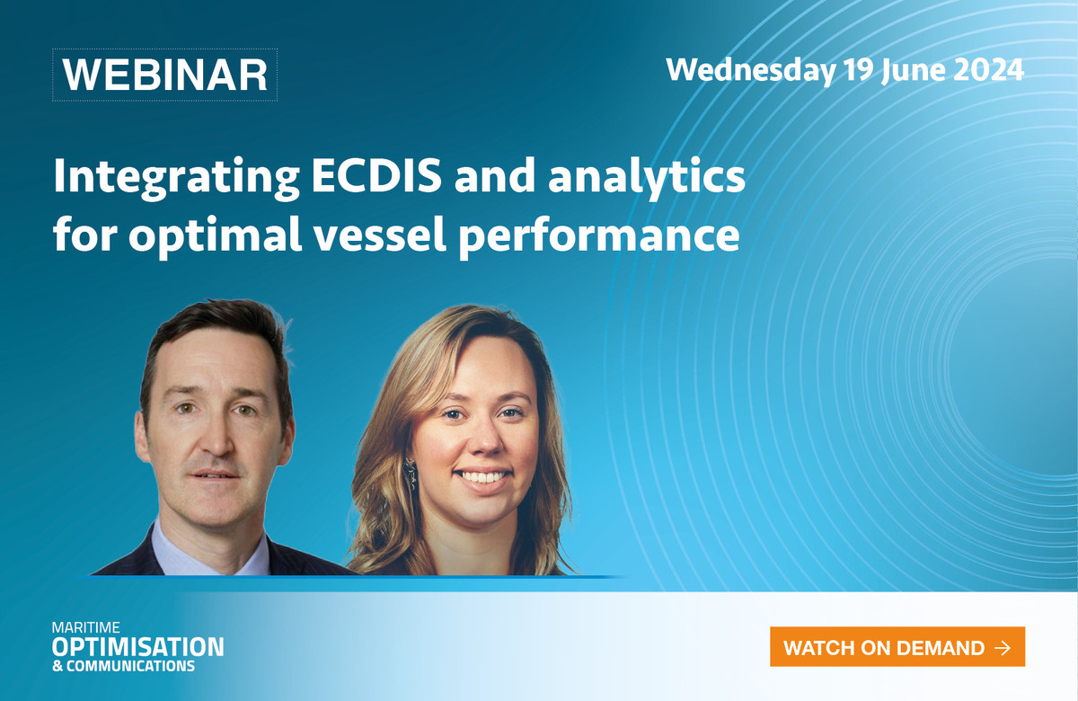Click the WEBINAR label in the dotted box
coord(164,75)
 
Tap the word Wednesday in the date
coord(751,71)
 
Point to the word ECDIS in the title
coord(376,176)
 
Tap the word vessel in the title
coord(380,235)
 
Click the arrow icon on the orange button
coord(1002,648)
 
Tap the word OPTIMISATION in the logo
coord(138,647)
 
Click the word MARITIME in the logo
coord(86,627)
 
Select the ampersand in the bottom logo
coord(57,666)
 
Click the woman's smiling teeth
coord(482,476)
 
